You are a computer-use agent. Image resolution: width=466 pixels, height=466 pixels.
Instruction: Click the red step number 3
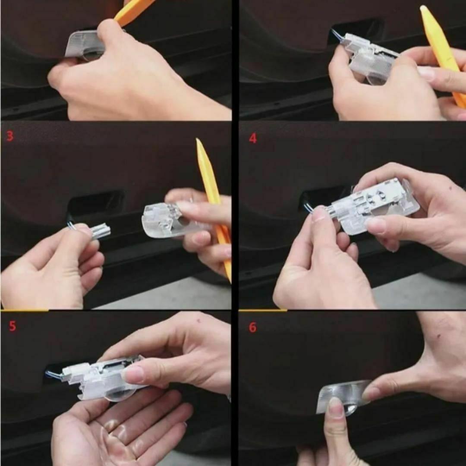pyautogui.click(x=10, y=136)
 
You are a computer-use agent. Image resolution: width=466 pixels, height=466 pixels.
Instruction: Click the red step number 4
pyautogui.click(x=252, y=138)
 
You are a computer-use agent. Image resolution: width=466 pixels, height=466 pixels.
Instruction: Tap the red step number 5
pyautogui.click(x=12, y=326)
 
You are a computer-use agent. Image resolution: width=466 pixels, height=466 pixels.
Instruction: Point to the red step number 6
pyautogui.click(x=252, y=327)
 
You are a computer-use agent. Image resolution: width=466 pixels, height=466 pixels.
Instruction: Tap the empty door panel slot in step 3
pyautogui.click(x=95, y=204)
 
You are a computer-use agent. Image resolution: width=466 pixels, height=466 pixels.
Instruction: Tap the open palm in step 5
pyautogui.click(x=119, y=428)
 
